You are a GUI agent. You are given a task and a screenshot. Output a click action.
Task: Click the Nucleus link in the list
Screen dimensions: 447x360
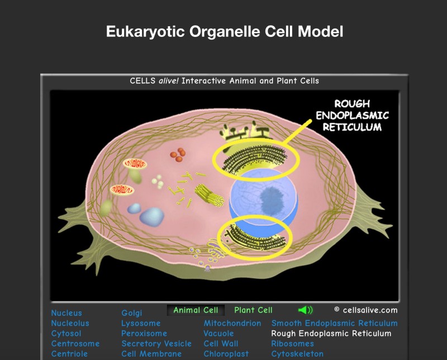point(66,313)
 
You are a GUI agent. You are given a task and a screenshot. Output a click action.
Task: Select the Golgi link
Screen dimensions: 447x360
point(132,313)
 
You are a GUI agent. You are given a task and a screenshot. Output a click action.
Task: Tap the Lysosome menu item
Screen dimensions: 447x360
point(141,323)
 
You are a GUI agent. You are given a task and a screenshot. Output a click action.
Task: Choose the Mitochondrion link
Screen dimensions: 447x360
point(232,323)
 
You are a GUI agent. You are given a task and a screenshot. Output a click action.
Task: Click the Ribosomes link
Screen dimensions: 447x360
point(292,344)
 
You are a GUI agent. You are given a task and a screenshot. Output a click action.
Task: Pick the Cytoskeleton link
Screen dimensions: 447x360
point(297,354)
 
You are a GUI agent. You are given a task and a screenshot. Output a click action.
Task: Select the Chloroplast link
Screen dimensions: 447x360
point(226,354)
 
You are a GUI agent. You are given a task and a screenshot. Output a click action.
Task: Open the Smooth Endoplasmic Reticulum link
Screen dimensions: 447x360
point(334,323)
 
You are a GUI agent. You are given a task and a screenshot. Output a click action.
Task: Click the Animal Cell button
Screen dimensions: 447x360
point(196,310)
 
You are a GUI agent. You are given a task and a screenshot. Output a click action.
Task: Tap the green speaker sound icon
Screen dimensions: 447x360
point(305,310)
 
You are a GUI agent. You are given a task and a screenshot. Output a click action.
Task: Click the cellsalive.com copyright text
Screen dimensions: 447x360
point(366,310)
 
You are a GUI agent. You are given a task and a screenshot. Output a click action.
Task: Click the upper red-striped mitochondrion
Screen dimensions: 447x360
point(135,164)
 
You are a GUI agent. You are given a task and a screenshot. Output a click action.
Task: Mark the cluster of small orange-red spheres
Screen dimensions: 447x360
point(178,155)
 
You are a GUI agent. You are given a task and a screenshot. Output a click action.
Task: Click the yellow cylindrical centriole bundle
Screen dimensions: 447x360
point(209,195)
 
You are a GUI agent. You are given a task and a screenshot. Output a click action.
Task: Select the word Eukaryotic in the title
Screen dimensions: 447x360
point(145,31)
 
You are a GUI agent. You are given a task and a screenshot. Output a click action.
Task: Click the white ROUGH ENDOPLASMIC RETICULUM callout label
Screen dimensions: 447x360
point(352,115)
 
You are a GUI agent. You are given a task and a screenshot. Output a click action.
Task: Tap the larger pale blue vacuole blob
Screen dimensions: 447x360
point(151,217)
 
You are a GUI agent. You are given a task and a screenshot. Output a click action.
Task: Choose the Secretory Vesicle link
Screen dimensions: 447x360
point(156,344)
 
